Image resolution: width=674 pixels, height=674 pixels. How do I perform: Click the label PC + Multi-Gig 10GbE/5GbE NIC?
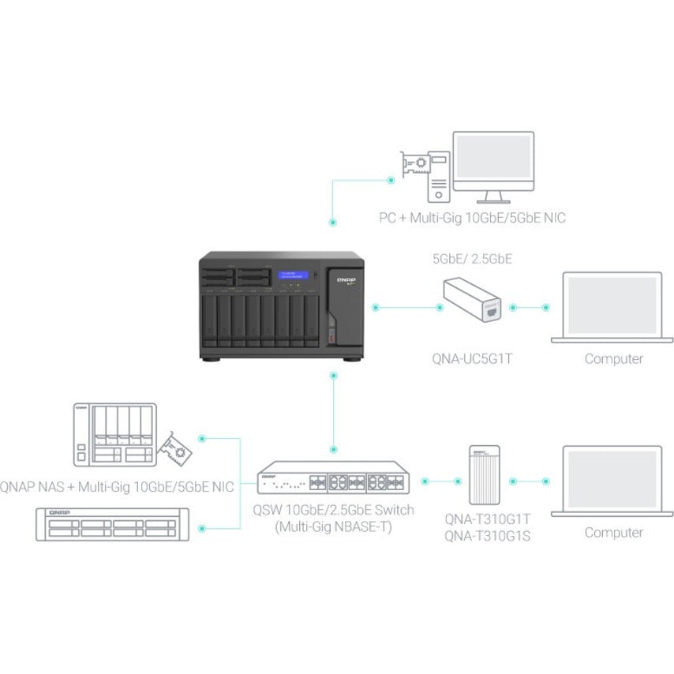[472, 218]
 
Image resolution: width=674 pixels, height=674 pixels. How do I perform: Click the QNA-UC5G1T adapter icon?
[470, 303]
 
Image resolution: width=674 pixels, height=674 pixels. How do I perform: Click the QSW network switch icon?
[335, 480]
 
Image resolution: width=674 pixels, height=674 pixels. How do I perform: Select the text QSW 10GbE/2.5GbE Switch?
[335, 510]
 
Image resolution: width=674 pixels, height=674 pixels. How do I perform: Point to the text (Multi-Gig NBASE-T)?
[335, 527]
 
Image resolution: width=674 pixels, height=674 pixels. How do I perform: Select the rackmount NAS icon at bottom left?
[113, 524]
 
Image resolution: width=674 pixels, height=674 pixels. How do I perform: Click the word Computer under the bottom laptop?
[613, 532]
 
